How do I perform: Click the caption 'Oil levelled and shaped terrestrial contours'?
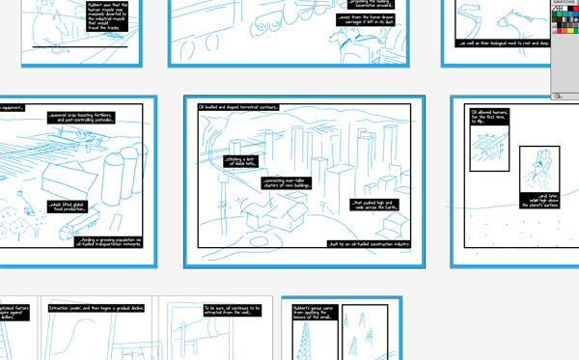pos(238,107)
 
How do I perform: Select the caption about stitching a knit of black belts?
pos(241,161)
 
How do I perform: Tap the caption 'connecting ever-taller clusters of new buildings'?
pos(287,183)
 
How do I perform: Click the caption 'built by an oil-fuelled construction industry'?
pos(369,244)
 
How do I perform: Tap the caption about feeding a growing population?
pos(108,241)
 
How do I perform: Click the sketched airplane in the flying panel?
pos(490,150)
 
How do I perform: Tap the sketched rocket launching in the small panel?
pos(537,174)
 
